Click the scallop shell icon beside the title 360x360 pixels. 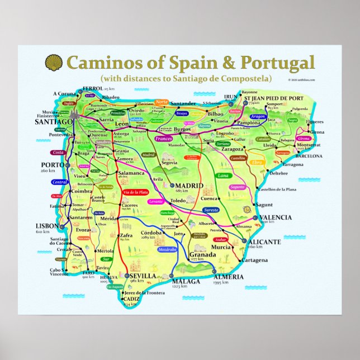tap(53, 60)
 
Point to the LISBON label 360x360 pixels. tap(47, 225)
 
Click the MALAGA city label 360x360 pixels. tap(186, 281)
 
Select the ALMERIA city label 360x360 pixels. tap(228, 276)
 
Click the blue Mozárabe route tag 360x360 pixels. tap(168, 249)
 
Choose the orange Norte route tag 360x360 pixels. tap(162, 102)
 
